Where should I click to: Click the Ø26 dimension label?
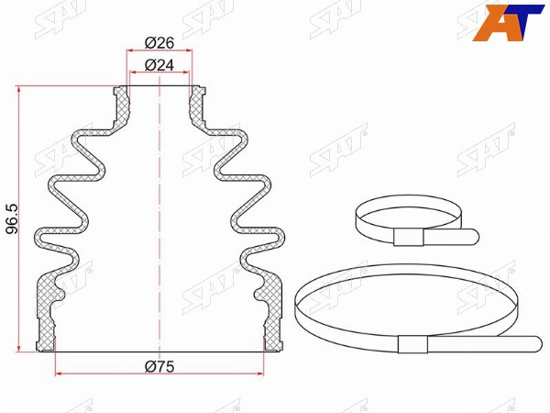159,43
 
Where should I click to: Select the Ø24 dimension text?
159,65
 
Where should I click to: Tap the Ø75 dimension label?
159,366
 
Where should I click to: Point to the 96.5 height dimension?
13,219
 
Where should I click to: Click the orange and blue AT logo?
508,22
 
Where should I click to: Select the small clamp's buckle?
409,237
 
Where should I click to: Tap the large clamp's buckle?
412,344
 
